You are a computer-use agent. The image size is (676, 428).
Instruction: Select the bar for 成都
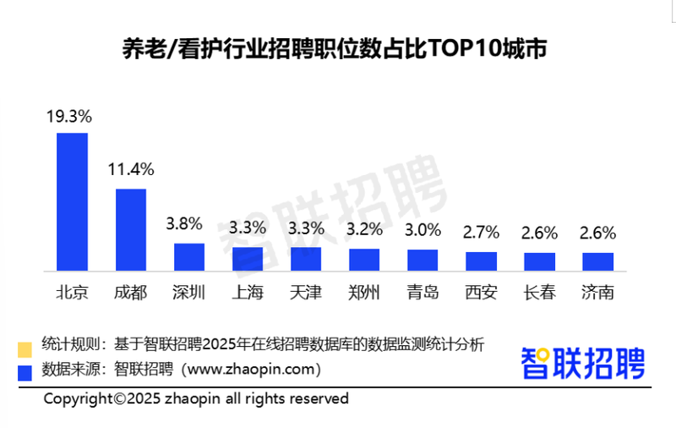click(131, 229)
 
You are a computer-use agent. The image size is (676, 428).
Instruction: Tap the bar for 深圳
click(189, 257)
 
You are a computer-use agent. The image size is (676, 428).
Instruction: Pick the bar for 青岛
click(422, 260)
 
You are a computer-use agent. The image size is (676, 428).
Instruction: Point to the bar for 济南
click(597, 261)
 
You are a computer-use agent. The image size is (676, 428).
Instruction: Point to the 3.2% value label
click(364, 229)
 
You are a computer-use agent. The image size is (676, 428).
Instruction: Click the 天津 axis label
click(306, 294)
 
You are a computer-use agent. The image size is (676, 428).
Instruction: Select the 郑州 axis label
click(364, 294)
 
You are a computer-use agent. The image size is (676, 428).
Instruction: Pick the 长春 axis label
click(539, 294)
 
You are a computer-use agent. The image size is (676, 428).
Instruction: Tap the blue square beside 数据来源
click(25, 370)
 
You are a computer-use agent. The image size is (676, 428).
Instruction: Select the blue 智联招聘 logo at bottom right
click(582, 363)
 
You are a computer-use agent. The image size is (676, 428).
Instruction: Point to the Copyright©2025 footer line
click(196, 398)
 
